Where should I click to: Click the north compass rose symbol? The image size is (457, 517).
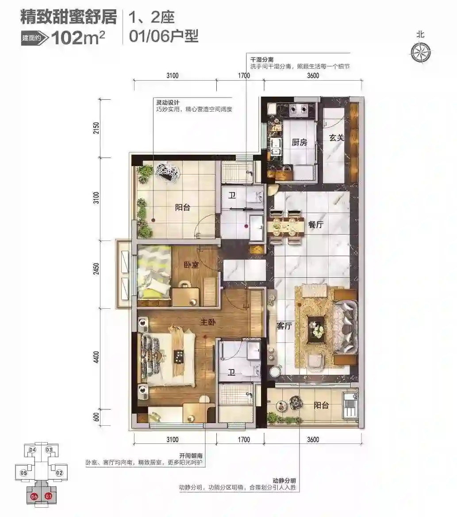click(421, 52)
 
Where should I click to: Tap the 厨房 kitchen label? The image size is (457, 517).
click(300, 142)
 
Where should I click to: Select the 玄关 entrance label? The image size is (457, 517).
click(337, 137)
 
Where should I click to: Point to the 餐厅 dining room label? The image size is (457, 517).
click(315, 225)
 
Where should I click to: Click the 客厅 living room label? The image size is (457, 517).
click(284, 326)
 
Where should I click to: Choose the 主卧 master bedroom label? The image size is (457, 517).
click(207, 322)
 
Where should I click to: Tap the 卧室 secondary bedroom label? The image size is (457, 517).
click(191, 264)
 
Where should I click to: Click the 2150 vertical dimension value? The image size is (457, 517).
click(96, 128)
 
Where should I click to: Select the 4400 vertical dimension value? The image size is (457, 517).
click(96, 357)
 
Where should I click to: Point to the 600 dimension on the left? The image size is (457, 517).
click(96, 417)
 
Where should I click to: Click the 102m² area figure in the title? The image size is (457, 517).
click(78, 38)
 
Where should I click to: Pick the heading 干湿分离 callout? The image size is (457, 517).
click(262, 60)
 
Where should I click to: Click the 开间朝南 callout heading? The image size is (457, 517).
click(191, 456)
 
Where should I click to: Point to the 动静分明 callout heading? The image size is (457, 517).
click(284, 481)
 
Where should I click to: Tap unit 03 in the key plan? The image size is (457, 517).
click(49, 450)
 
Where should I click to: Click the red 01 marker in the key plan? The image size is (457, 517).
click(48, 496)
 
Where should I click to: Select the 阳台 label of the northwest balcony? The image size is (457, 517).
click(182, 207)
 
